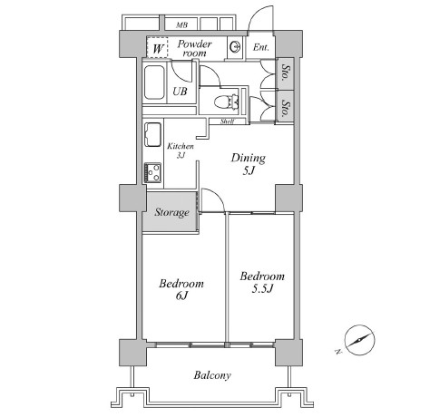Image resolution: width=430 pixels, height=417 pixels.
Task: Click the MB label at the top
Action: tap(181, 24)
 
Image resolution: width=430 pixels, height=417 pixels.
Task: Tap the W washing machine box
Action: tap(158, 47)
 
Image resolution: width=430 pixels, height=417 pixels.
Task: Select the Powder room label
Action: tap(194, 48)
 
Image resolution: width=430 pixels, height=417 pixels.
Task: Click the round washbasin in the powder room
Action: tap(236, 47)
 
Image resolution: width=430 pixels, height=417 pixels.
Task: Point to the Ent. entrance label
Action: tap(260, 47)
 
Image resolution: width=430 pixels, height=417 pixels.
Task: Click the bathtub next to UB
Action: tap(154, 82)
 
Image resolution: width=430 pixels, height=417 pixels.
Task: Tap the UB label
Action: tap(180, 91)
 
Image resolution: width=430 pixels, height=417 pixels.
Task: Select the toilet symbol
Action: tap(227, 102)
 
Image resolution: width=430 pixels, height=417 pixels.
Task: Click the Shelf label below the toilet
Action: tap(227, 121)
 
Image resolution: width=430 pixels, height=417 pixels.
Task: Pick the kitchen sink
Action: tap(152, 134)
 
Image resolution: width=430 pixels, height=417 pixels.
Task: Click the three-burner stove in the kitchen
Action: tap(152, 172)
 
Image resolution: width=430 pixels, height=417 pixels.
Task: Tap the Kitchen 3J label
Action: tap(181, 150)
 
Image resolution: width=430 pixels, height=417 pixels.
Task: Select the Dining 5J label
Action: tap(249, 164)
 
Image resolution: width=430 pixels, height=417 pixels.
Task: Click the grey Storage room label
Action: tap(172, 212)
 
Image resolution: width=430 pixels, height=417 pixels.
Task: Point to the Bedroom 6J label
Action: tap(181, 289)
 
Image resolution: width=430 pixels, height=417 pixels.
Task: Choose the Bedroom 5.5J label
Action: tap(262, 283)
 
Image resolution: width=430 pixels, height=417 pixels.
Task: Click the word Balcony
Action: tap(212, 375)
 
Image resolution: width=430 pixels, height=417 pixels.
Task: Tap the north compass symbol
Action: tap(359, 340)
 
